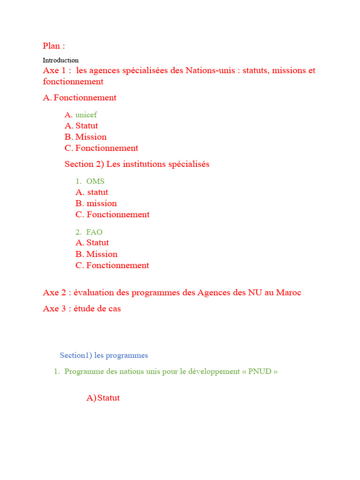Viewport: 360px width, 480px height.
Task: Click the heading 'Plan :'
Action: [54, 45]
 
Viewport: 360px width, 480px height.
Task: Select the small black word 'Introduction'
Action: [60, 60]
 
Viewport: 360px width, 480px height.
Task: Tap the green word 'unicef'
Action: [86, 114]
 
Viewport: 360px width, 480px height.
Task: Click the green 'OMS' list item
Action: [95, 181]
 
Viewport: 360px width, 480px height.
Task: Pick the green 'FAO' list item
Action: [94, 232]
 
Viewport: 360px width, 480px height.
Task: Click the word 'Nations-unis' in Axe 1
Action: [210, 70]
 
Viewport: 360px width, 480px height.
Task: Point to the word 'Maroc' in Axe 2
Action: [289, 292]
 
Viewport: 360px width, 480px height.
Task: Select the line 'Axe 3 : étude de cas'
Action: [82, 308]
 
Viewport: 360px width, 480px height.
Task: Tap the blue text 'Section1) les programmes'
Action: [104, 355]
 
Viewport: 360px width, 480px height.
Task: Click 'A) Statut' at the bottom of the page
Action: [103, 398]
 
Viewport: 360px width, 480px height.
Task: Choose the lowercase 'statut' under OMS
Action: [97, 192]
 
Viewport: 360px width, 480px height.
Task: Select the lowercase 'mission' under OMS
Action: [102, 203]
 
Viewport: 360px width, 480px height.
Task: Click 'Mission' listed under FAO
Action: [102, 254]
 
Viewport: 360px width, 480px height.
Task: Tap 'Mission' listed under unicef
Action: [91, 137]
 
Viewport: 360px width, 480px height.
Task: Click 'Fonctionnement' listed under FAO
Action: [118, 265]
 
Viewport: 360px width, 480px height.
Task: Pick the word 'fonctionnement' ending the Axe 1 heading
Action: [73, 82]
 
